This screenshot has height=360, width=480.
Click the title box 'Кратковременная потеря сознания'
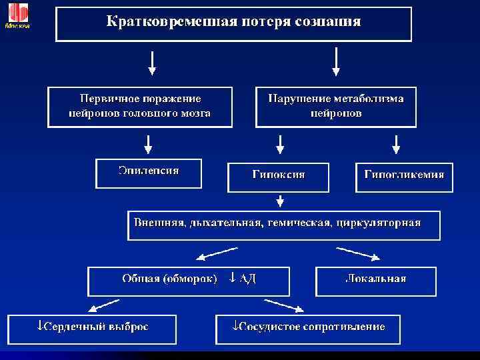coord(233,23)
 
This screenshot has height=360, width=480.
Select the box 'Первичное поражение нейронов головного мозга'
coord(140,106)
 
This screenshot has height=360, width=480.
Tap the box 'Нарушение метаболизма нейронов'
coord(336,106)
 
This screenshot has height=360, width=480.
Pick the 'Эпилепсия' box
coord(149,173)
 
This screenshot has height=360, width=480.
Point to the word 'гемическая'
coord(299,223)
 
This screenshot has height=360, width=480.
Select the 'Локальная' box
coord(375,280)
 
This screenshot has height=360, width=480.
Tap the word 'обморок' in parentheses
coord(189,279)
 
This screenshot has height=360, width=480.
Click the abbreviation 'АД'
coord(248,279)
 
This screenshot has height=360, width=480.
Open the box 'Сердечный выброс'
coord(92,329)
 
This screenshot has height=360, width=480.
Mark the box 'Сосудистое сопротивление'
coord(307,329)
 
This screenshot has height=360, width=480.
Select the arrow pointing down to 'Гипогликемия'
coord(396,143)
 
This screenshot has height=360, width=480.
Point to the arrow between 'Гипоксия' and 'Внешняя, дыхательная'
coord(281,199)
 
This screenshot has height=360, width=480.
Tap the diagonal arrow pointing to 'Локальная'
coord(359,254)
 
